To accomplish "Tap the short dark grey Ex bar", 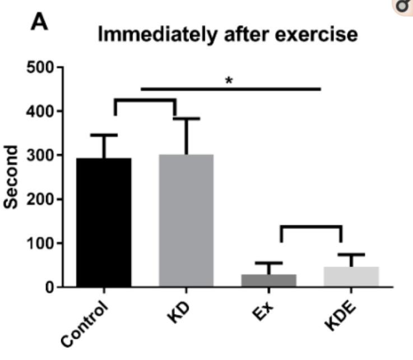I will click(268, 280).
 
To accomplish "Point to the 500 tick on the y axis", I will click(39, 68).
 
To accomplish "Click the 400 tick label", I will click(39, 112).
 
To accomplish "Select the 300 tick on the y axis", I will click(39, 155).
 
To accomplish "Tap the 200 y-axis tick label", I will click(39, 199).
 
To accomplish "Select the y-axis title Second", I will click(12, 177).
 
